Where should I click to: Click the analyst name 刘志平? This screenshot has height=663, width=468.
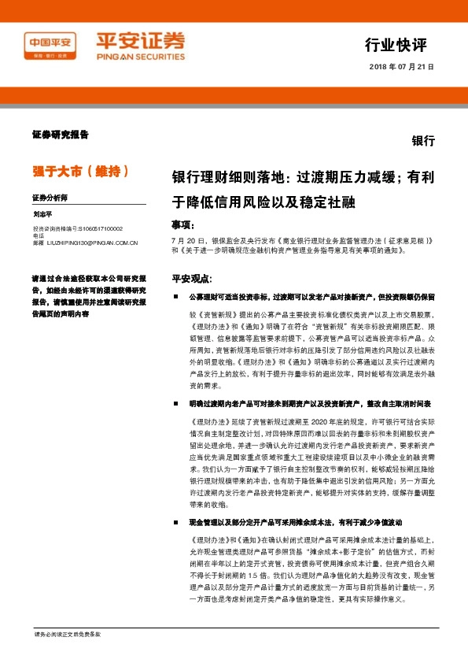[x=42, y=213]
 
